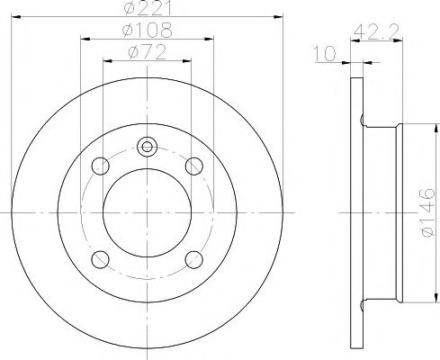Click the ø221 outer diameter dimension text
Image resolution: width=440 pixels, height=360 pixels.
pyautogui.click(x=149, y=10)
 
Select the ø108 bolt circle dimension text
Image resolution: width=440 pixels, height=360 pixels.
pyautogui.click(x=148, y=31)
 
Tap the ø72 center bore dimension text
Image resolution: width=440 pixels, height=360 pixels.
pyautogui.click(x=148, y=52)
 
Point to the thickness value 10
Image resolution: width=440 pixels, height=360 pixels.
pyautogui.click(x=329, y=55)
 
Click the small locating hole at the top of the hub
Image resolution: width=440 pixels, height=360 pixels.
pyautogui.click(x=148, y=145)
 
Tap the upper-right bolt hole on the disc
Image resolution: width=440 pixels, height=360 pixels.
pyautogui.click(x=192, y=166)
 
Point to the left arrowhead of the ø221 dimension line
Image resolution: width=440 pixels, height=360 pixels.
pyautogui.click(x=18, y=17)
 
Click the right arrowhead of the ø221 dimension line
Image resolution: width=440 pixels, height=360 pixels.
pyautogui.click(x=278, y=17)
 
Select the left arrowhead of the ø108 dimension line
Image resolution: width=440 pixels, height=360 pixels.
pyautogui.click(x=85, y=39)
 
